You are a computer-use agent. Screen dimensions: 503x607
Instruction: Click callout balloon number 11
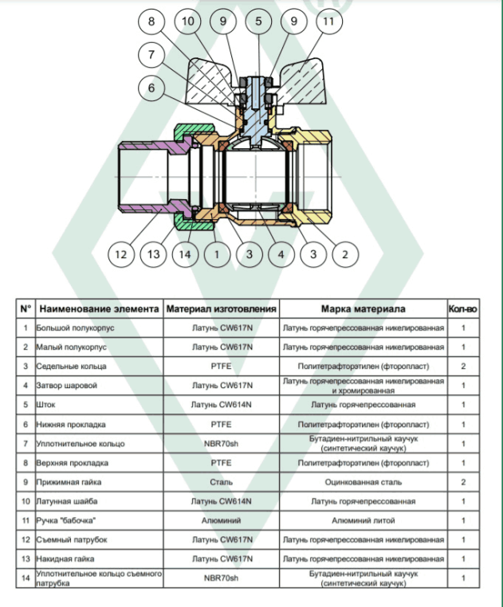pos(328,21)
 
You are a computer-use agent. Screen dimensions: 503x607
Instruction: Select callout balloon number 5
pos(258,21)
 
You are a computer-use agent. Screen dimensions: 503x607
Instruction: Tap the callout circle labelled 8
pos(151,21)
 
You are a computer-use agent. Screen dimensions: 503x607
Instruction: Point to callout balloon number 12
pos(121,254)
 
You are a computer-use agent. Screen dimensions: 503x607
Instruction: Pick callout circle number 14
pos(185,254)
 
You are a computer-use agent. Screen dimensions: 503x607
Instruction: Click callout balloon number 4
pos(281,254)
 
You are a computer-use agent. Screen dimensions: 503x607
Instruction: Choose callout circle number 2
pos(345,254)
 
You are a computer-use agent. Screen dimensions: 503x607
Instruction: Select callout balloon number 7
pos(151,54)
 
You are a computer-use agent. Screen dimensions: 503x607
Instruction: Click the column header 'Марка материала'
pos(363,309)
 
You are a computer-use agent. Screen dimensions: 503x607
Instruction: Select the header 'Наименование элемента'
pos(99,309)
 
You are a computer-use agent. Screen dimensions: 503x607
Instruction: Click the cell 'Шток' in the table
pos(45,405)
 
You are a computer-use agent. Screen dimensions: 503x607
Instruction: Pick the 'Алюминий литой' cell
pos(363,521)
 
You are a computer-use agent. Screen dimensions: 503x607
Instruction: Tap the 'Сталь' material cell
pos(222,483)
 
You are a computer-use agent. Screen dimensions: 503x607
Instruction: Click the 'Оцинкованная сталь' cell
pos(363,483)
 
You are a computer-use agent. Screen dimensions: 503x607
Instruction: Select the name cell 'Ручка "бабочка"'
pos(66,521)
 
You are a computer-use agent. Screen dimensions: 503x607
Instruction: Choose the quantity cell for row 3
pos(463,366)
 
